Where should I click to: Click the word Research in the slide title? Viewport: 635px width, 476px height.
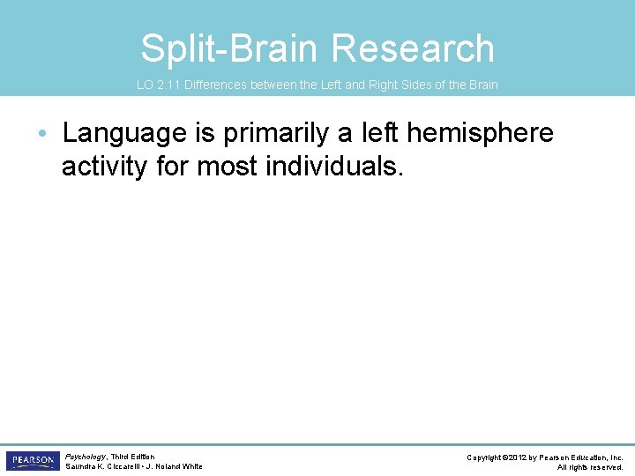pyautogui.click(x=426, y=48)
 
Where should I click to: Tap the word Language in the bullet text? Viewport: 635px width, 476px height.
pyautogui.click(x=124, y=133)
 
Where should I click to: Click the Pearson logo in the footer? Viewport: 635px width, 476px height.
pyautogui.click(x=32, y=461)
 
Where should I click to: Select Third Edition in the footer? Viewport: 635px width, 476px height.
pyautogui.click(x=132, y=457)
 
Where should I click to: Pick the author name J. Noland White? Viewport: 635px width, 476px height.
pyautogui.click(x=176, y=466)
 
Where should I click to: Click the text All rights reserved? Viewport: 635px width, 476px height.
pyautogui.click(x=590, y=467)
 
